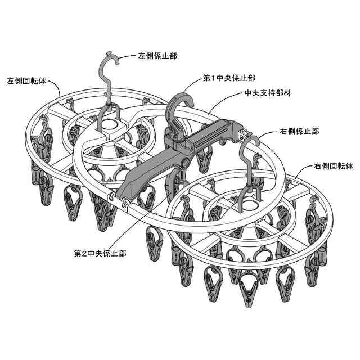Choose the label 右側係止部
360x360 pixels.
(x=299, y=131)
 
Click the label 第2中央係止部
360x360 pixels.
(x=100, y=253)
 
